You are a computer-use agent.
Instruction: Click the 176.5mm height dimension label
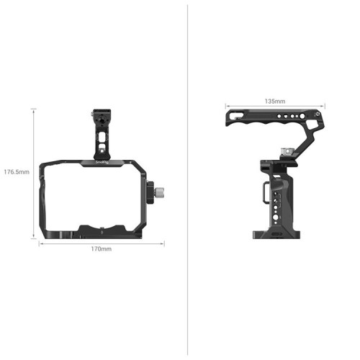[x=17, y=172]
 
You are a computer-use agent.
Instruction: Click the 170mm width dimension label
[x=101, y=248]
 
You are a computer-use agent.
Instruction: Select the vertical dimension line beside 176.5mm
[x=33, y=173]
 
